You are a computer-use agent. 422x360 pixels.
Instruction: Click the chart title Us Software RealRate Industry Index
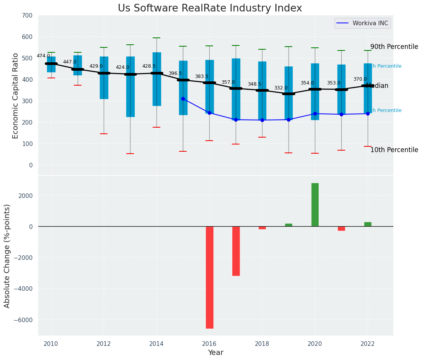point(210,8)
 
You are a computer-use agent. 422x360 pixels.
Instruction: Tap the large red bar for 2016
point(210,277)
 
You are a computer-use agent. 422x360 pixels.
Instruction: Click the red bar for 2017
point(236,251)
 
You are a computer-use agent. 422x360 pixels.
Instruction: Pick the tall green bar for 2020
point(315,204)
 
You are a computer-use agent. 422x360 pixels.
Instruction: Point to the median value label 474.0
point(43,56)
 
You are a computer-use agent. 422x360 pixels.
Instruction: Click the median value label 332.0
point(281,88)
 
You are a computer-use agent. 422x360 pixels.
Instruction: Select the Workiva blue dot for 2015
point(183,99)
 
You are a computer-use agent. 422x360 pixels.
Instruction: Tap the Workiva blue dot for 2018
point(262,120)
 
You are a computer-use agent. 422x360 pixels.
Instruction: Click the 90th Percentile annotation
point(394,47)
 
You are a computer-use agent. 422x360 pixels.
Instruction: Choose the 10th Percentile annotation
point(394,150)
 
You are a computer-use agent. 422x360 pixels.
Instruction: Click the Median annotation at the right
point(377,86)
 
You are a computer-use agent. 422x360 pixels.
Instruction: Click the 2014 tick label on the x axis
point(156,344)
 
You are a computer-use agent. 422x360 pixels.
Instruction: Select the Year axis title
point(215,353)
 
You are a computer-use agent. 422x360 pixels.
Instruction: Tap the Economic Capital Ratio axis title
point(16,96)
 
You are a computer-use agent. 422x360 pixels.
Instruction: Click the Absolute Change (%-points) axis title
point(7,256)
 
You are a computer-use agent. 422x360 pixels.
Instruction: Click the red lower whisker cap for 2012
point(104,134)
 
